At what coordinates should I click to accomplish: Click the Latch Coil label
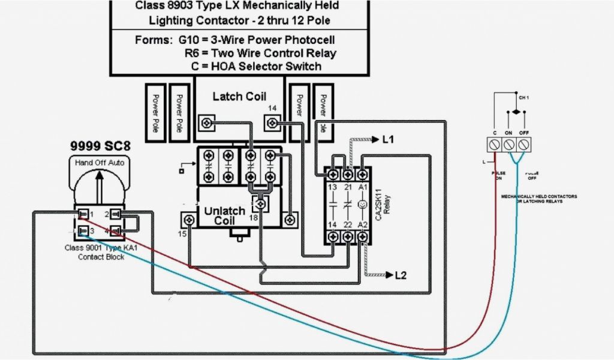pos(239,97)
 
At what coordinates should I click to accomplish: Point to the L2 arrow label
pos(401,275)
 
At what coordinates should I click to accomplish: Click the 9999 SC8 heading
pos(100,146)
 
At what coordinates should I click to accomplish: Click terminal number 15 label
pos(182,233)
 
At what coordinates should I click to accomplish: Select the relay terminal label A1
pos(362,187)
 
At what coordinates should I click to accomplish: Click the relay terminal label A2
pos(362,225)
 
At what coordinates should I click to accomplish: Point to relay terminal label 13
pos(333,187)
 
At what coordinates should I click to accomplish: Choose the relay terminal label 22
pos(348,225)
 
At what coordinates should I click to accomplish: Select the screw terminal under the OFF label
pos(523,145)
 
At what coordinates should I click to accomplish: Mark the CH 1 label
pos(523,97)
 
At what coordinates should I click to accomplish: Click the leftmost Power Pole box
pos(155,112)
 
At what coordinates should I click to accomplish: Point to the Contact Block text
pos(101,257)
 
